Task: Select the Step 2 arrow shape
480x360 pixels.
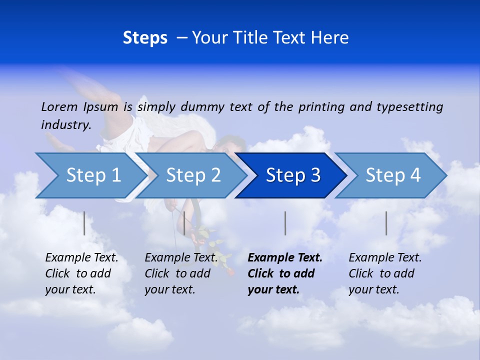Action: [192, 175]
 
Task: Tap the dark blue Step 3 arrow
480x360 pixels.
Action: [292, 175]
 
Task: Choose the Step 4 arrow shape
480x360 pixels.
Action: [392, 175]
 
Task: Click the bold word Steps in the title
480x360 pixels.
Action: [145, 38]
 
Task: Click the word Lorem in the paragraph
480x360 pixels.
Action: [59, 106]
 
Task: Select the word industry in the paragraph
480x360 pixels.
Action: [65, 125]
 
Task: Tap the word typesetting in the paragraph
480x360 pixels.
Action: [409, 106]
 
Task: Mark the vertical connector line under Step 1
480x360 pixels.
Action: [84, 223]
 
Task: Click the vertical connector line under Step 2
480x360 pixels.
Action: [184, 223]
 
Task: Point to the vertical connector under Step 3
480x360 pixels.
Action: [285, 223]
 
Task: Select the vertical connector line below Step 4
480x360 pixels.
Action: [386, 223]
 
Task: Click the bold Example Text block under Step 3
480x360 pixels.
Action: [285, 273]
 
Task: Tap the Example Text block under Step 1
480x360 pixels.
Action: [81, 273]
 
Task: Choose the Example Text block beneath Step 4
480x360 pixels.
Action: [385, 273]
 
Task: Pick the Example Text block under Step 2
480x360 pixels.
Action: [181, 273]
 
